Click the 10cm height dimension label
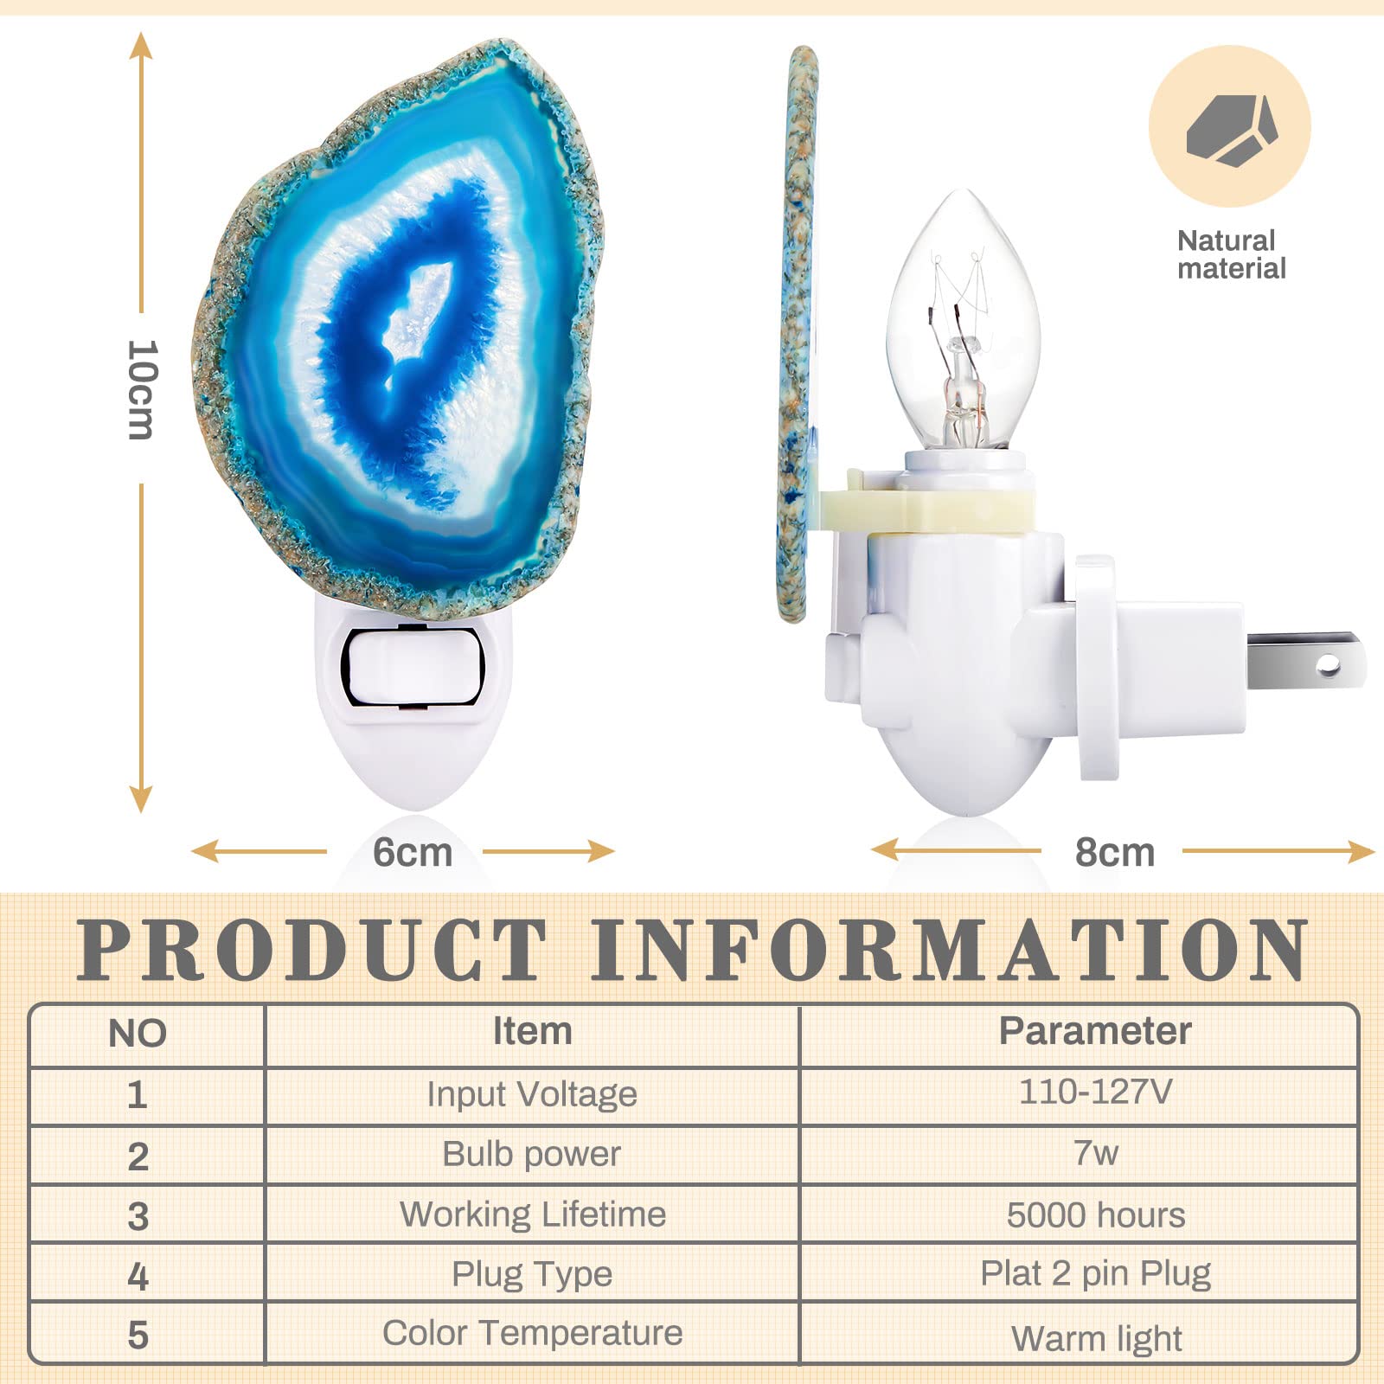pyautogui.click(x=142, y=389)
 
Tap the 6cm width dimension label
pyautogui.click(x=413, y=852)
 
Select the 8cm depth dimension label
pyautogui.click(x=1115, y=852)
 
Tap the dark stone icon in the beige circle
pyautogui.click(x=1232, y=129)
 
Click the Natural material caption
pyautogui.click(x=1232, y=254)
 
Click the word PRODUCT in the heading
pyautogui.click(x=312, y=950)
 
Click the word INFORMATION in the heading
pyautogui.click(x=950, y=950)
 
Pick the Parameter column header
pyautogui.click(x=1095, y=1031)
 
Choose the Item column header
pyautogui.click(x=532, y=1031)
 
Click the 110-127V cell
pyautogui.click(x=1095, y=1092)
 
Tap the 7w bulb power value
pyautogui.click(x=1096, y=1153)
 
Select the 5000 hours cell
pyautogui.click(x=1096, y=1214)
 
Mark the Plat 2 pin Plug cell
pyautogui.click(x=1095, y=1274)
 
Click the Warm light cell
pyautogui.click(x=1096, y=1339)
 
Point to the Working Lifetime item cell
pyautogui.click(x=533, y=1214)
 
